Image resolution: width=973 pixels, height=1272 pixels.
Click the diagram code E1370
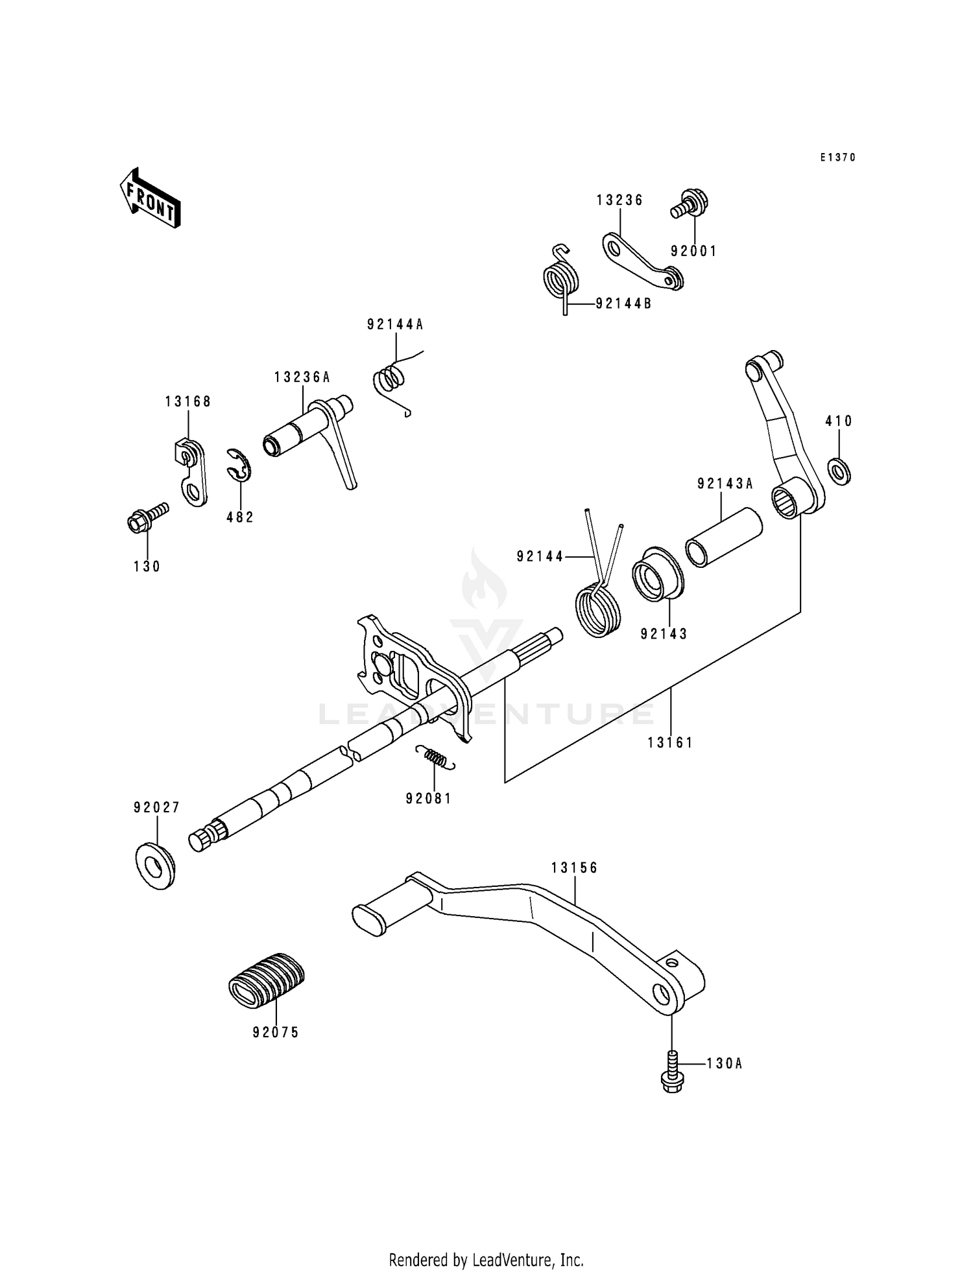point(837,158)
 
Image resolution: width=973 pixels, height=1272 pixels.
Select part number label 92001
point(693,252)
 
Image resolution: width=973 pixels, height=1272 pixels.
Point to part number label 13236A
point(302,377)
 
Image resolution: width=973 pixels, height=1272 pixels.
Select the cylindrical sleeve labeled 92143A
point(725,537)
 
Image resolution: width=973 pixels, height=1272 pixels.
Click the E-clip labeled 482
point(239,465)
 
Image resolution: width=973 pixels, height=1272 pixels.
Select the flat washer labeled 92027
point(155,865)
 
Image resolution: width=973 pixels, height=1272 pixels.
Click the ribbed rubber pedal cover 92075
point(267,980)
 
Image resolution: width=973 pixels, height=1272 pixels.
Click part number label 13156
point(575,867)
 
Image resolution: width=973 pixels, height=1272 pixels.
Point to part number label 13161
point(670,743)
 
